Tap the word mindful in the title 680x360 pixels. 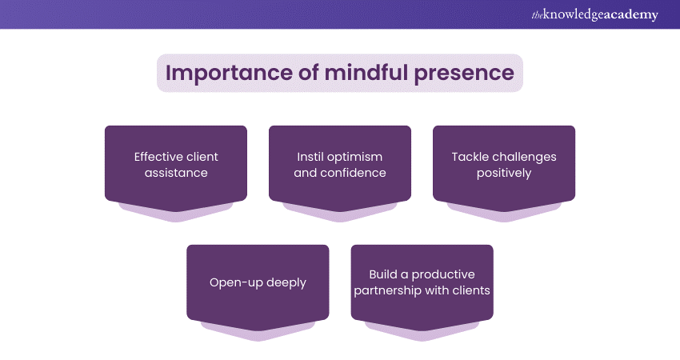tap(360, 73)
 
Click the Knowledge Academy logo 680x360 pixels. tap(594, 14)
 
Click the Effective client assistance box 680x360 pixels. tap(176, 164)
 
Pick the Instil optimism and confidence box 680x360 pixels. tap(340, 164)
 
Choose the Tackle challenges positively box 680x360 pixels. tap(504, 164)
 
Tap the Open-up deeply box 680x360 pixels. tap(258, 282)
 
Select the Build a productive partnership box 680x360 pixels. tap(422, 282)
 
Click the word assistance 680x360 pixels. tap(176, 173)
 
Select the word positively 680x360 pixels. tap(504, 173)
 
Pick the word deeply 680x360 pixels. tap(286, 282)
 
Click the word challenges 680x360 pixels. tap(523, 156)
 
